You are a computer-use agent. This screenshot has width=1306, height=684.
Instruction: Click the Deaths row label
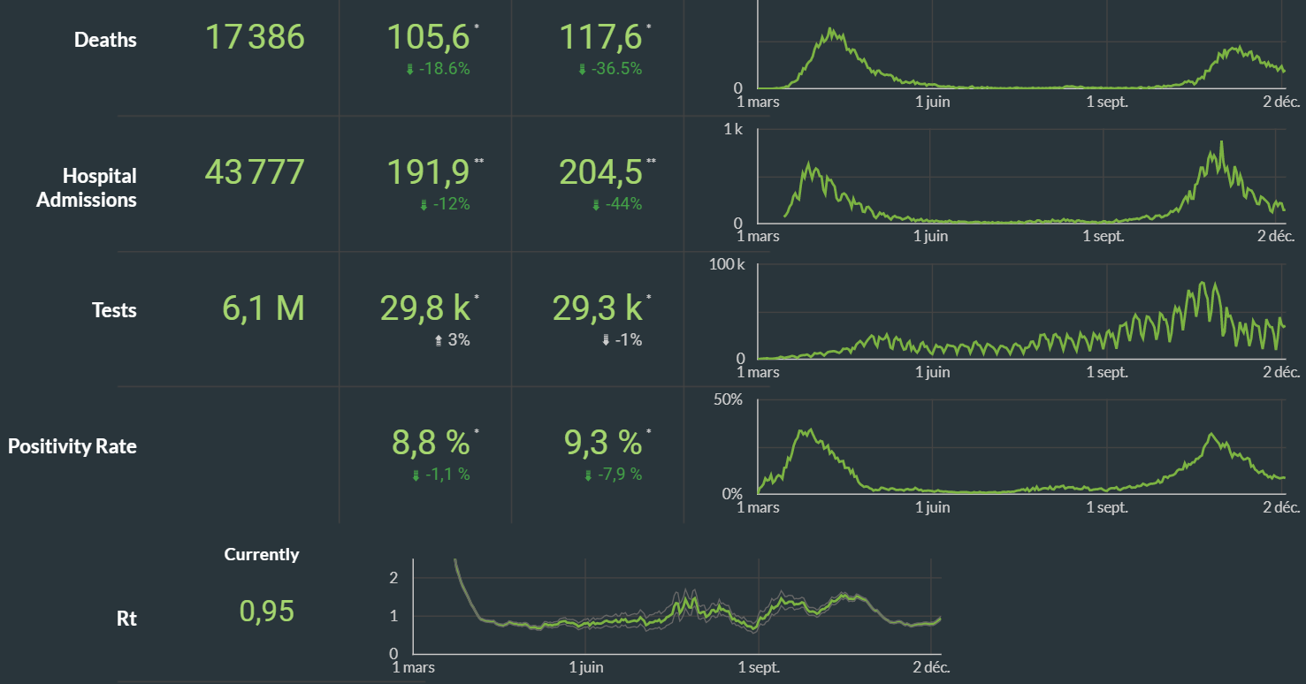pos(105,40)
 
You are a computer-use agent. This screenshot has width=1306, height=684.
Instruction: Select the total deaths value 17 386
pos(255,37)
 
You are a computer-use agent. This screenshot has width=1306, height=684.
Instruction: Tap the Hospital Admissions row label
pos(87,187)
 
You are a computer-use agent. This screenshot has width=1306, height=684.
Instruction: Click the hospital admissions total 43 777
pos(255,172)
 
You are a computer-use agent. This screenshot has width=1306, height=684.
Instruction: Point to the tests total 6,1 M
pos(263,308)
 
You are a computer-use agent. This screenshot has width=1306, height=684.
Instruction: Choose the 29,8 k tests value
pos(425,308)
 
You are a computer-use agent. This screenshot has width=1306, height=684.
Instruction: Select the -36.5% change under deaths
pos(610,69)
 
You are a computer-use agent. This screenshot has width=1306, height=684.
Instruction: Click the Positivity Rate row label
pos(73,446)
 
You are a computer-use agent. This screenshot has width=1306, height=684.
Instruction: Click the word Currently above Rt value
pos(262,555)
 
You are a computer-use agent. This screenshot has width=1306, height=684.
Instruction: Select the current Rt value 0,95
pos(266,611)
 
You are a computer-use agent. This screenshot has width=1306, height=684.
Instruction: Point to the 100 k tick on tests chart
pos(728,264)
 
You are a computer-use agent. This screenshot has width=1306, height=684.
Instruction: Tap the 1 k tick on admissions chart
pos(733,129)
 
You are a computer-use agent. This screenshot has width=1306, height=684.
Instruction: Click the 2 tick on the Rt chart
pos(394,577)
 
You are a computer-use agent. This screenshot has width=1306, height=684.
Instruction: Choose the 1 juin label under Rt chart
pos(585,667)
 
